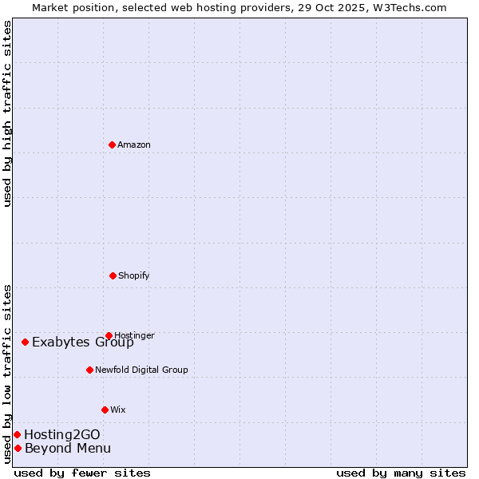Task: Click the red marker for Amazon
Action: tap(113, 144)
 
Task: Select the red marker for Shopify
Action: tap(113, 275)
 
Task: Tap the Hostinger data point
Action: tap(109, 335)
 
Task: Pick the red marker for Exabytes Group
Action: tap(26, 342)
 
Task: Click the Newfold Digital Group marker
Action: tap(89, 370)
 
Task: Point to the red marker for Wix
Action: tap(105, 410)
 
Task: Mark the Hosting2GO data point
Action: tap(17, 434)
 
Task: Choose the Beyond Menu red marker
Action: tap(18, 448)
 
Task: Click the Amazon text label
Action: tap(134, 145)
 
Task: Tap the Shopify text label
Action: tap(134, 276)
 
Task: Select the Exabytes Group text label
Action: tap(83, 342)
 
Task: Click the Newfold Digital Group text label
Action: tap(141, 370)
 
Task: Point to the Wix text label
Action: tap(118, 410)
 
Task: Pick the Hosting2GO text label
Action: tap(62, 435)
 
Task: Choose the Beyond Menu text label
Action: tap(68, 449)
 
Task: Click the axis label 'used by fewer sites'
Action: tap(82, 473)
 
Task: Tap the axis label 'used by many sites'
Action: tap(401, 473)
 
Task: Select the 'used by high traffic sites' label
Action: tap(8, 113)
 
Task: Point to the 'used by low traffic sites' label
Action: tap(8, 374)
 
